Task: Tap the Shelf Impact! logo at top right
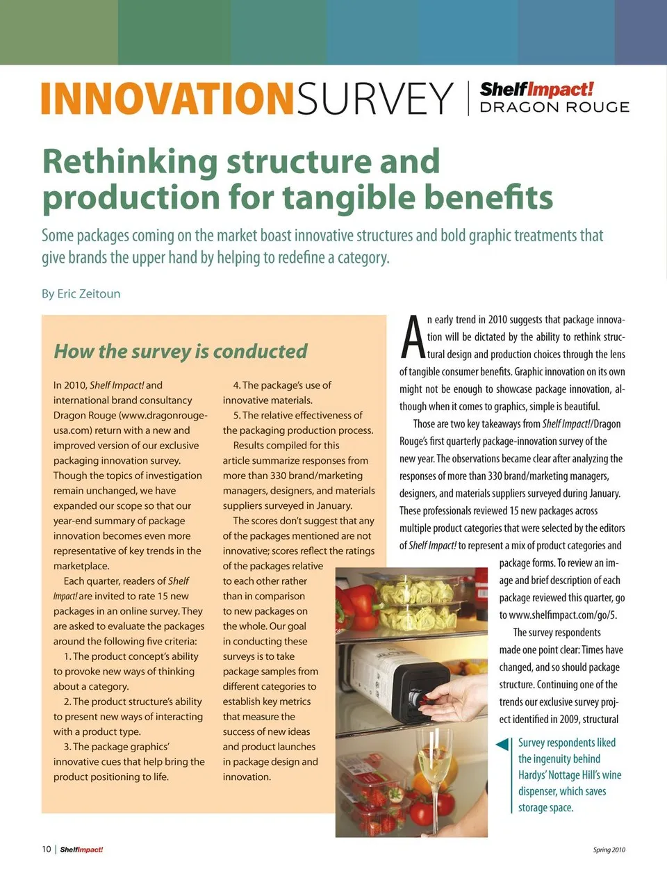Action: coord(536,89)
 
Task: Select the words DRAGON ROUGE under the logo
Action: coord(554,107)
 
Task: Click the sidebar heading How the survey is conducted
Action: coord(181,351)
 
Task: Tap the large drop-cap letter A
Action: coord(413,339)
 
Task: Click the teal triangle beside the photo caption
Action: coord(502,745)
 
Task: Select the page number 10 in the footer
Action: coord(47,849)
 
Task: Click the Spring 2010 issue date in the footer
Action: coord(609,850)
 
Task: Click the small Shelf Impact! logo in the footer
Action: coord(81,850)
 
